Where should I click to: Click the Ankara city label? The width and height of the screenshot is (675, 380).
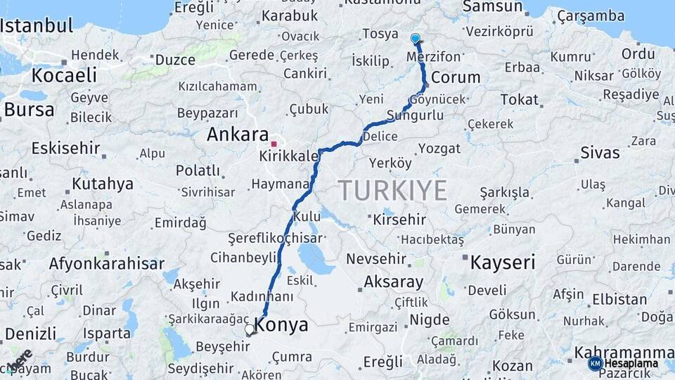click(x=238, y=134)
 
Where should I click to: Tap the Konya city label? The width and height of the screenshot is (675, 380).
click(x=281, y=325)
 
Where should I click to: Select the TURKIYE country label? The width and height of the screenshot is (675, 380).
click(x=392, y=191)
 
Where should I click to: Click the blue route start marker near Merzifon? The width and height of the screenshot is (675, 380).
click(x=416, y=39)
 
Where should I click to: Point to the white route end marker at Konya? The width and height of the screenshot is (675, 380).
click(x=249, y=329)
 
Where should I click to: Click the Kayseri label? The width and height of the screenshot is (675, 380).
click(x=502, y=262)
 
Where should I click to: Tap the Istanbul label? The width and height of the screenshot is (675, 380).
click(x=37, y=26)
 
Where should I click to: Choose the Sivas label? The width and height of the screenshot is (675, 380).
click(x=600, y=153)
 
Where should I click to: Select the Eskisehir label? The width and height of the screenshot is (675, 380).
click(x=65, y=149)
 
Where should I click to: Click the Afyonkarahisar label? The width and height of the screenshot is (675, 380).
click(x=106, y=264)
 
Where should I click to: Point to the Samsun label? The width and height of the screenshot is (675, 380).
click(x=493, y=7)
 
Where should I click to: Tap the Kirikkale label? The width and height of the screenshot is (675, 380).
click(x=289, y=156)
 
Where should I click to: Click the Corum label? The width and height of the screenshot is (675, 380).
click(x=456, y=77)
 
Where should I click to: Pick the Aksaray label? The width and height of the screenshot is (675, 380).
click(x=393, y=282)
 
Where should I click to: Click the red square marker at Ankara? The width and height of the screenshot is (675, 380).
click(x=274, y=144)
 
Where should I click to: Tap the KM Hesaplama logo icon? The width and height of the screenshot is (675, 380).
click(x=595, y=363)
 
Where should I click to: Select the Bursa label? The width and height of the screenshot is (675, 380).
click(x=29, y=110)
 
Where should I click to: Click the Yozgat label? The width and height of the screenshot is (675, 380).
click(x=439, y=148)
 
